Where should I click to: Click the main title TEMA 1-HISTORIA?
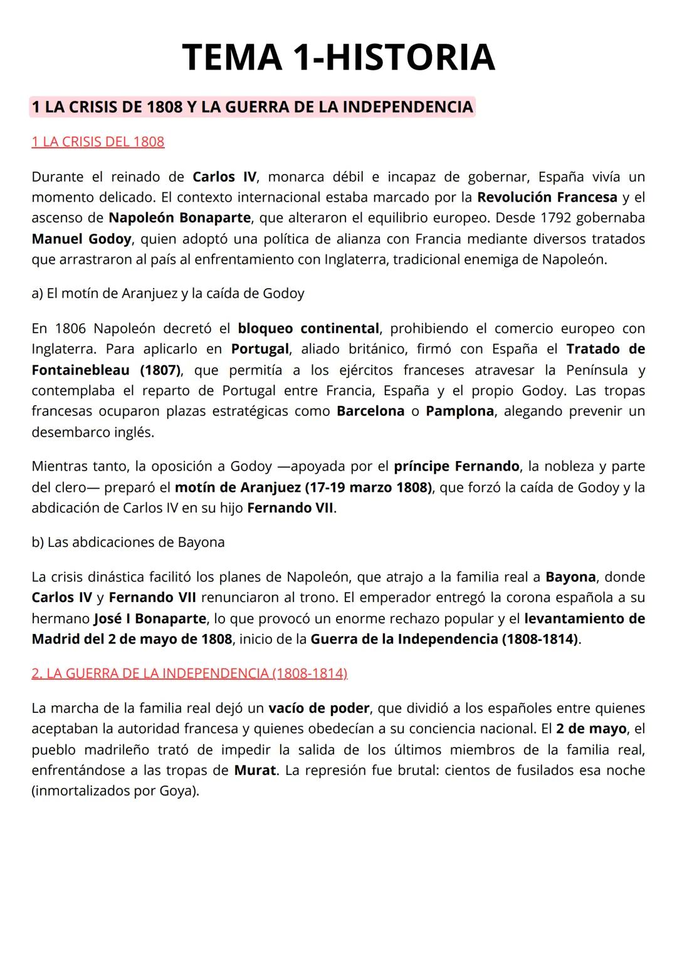pyautogui.click(x=338, y=57)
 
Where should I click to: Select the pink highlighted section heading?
pyautogui.click(x=252, y=107)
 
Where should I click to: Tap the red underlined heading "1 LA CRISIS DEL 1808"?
pyautogui.click(x=98, y=142)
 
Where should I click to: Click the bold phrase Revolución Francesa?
pyautogui.click(x=547, y=197)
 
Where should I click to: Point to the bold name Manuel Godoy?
pyautogui.click(x=81, y=239)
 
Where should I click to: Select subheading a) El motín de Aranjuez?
pyautogui.click(x=167, y=293)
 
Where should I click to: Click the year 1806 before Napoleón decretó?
pyautogui.click(x=70, y=328)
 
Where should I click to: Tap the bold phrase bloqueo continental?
pyautogui.click(x=308, y=328)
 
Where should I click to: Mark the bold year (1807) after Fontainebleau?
pyautogui.click(x=160, y=370)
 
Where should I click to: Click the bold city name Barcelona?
pyautogui.click(x=370, y=411)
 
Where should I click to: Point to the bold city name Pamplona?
pyautogui.click(x=459, y=411)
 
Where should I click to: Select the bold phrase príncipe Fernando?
pyautogui.click(x=456, y=466)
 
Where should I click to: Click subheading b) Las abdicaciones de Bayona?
pyautogui.click(x=128, y=542)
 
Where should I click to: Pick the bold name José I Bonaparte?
pyautogui.click(x=150, y=618)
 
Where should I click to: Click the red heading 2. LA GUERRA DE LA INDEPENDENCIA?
pyautogui.click(x=189, y=673)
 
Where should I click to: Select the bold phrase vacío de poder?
pyautogui.click(x=318, y=708)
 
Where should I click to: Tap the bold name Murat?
pyautogui.click(x=255, y=770)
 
